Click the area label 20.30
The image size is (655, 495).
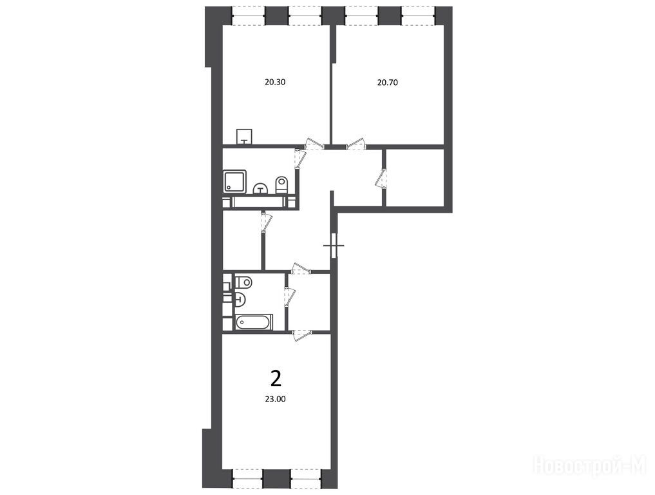(275, 82)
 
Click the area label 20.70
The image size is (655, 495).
(387, 82)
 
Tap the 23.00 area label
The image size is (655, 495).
(275, 399)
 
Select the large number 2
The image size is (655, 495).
(276, 379)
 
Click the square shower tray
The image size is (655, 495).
(235, 181)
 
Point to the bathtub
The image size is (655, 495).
(254, 322)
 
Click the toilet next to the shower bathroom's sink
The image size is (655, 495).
(282, 185)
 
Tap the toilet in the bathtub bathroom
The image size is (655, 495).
(243, 282)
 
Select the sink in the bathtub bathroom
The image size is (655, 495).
(241, 299)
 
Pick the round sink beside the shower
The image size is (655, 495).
(261, 189)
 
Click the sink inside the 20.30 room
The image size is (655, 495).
(244, 137)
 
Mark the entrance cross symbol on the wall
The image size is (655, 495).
(334, 246)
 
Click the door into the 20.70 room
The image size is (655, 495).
(356, 144)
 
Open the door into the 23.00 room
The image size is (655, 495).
(301, 335)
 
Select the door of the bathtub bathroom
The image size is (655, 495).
(289, 296)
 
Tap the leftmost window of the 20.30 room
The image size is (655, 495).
(249, 16)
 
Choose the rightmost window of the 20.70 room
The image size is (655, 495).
(418, 16)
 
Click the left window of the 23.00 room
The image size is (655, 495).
(247, 479)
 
